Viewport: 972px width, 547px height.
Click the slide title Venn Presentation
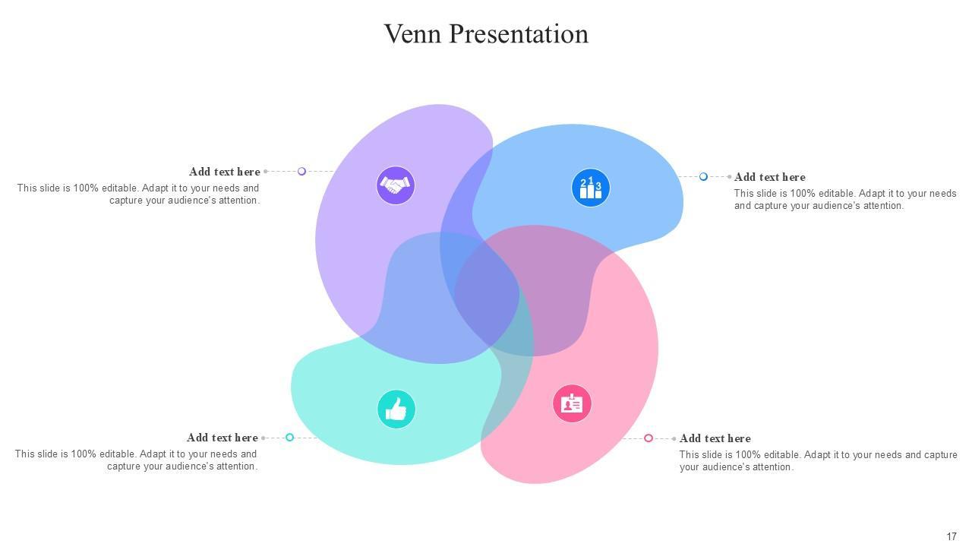tap(486, 34)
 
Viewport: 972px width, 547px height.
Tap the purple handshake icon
tap(396, 185)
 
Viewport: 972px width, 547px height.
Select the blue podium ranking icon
tap(591, 188)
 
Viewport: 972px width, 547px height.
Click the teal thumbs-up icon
tap(396, 409)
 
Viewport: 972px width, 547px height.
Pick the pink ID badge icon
tap(572, 403)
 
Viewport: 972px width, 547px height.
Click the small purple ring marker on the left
tap(301, 172)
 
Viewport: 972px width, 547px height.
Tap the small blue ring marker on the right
tap(703, 177)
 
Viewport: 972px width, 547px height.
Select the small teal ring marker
tap(289, 438)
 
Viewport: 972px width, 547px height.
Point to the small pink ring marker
tap(649, 438)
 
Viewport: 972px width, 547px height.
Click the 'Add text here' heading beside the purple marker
tap(225, 172)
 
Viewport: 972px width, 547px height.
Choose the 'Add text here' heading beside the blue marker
tap(770, 177)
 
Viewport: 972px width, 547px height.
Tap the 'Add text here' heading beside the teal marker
tap(222, 438)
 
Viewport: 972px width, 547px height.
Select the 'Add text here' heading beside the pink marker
tap(715, 438)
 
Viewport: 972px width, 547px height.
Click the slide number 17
tap(951, 536)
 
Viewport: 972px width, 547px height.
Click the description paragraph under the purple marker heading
tap(139, 194)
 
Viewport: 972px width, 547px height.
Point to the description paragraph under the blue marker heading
tap(844, 200)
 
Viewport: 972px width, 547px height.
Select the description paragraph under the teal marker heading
tap(137, 460)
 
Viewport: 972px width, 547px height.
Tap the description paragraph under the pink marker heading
tap(818, 461)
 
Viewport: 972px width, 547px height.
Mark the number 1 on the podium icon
tap(591, 181)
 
